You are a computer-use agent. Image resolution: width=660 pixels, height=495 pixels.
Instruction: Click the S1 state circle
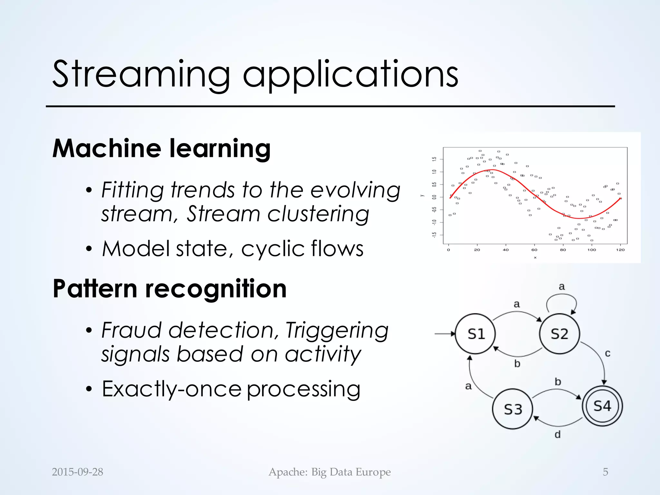[x=475, y=334]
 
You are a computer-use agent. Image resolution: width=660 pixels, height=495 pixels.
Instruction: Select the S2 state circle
[x=559, y=334]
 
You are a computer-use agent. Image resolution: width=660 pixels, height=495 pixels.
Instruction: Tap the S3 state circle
[x=512, y=409]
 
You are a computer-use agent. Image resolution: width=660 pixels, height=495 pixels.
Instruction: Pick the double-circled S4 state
[x=602, y=406]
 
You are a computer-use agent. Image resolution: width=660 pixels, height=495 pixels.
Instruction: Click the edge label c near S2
[x=607, y=354]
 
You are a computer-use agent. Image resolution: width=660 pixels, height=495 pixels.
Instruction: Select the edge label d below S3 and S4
[x=558, y=435]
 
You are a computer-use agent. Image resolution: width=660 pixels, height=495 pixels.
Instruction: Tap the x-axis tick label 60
[x=534, y=250]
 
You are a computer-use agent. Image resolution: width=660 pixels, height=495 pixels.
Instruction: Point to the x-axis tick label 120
[x=620, y=250]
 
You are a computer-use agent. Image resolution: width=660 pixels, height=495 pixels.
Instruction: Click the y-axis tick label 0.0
[x=434, y=197]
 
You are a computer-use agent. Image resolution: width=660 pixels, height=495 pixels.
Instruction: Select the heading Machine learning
[x=161, y=149]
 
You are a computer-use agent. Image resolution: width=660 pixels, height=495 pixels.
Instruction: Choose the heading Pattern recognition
[x=170, y=289]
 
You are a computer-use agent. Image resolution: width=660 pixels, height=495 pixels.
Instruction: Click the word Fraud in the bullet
[x=131, y=330]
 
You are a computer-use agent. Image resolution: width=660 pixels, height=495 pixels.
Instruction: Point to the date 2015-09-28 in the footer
[x=77, y=472]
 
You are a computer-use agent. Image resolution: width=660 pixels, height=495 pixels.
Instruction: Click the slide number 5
[x=605, y=472]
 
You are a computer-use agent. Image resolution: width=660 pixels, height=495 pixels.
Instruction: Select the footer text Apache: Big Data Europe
[x=330, y=472]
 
